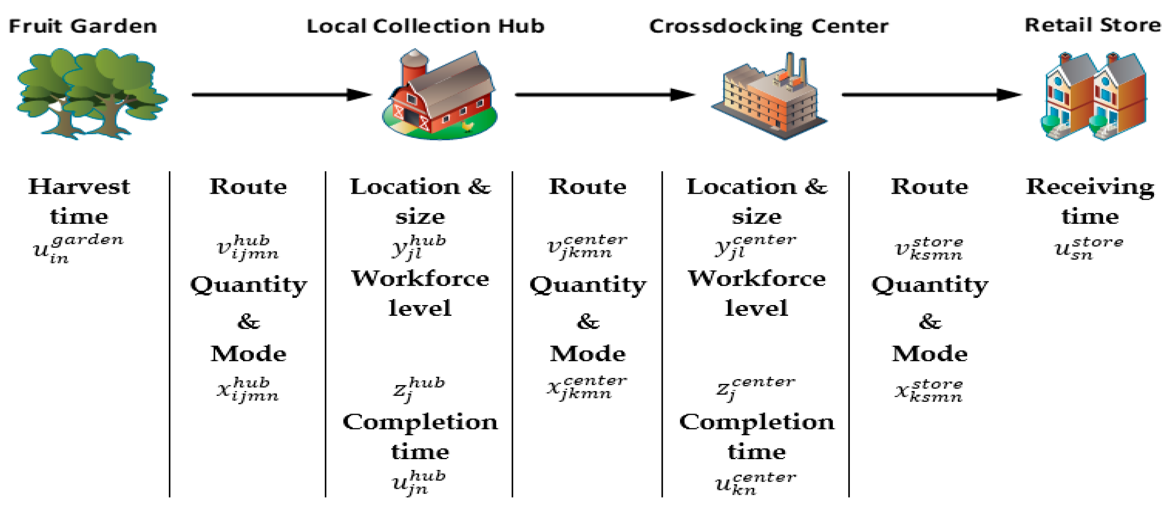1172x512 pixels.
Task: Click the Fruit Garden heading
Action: [83, 26]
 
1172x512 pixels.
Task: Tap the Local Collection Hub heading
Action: [425, 26]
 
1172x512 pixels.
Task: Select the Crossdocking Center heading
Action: [769, 26]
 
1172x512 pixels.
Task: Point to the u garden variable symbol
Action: [77, 249]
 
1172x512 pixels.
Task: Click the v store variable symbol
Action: [929, 248]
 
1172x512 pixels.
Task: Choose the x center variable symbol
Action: [587, 387]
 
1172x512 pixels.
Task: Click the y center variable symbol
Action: [755, 247]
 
